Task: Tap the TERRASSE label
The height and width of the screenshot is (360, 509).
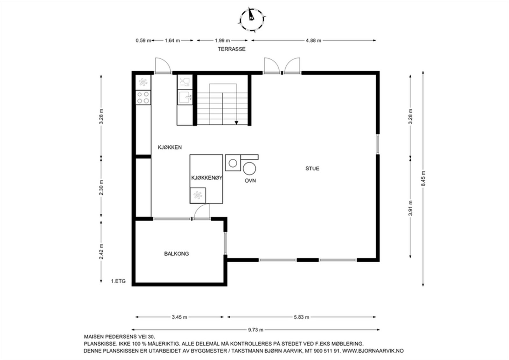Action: tap(232, 49)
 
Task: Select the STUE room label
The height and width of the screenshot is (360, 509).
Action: tap(312, 169)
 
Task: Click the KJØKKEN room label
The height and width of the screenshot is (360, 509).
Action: tap(170, 147)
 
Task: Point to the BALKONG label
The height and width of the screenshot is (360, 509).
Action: tap(176, 254)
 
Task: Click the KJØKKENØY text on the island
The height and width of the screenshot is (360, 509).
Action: tap(206, 178)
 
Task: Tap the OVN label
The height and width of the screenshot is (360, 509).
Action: tap(250, 181)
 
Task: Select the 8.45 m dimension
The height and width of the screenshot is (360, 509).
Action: tap(423, 179)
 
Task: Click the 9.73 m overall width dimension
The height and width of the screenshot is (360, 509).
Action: tap(255, 330)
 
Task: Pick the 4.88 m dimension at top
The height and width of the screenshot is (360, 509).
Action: tap(313, 40)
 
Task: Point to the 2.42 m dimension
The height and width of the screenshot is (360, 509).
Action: tap(101, 251)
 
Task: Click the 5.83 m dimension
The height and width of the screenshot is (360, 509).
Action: tap(301, 317)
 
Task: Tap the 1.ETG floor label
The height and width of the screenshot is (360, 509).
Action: tap(118, 281)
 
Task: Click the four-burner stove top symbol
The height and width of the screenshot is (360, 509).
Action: tap(143, 97)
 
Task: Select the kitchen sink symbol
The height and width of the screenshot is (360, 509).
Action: tap(185, 97)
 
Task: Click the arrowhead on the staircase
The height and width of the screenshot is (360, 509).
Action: tap(236, 123)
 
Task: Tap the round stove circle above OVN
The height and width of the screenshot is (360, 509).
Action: tap(249, 168)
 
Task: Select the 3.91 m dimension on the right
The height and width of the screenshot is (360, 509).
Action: tap(410, 208)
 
